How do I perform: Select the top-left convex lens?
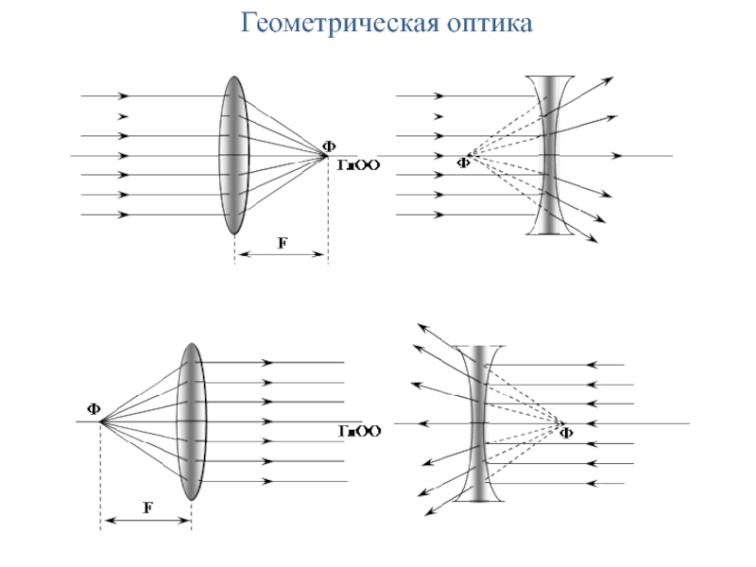(x=233, y=155)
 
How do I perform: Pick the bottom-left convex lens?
(x=191, y=421)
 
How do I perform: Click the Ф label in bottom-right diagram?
(x=566, y=434)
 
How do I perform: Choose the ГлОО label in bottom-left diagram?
(x=360, y=432)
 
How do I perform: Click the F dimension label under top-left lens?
(x=281, y=243)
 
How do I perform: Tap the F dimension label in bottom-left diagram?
(x=147, y=508)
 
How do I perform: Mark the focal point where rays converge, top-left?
(x=326, y=155)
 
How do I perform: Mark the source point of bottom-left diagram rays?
(x=101, y=421)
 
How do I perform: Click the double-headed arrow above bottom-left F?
(x=146, y=520)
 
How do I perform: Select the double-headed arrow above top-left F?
(x=280, y=254)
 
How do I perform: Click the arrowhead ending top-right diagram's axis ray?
(x=616, y=155)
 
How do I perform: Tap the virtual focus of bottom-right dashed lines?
(x=562, y=421)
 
